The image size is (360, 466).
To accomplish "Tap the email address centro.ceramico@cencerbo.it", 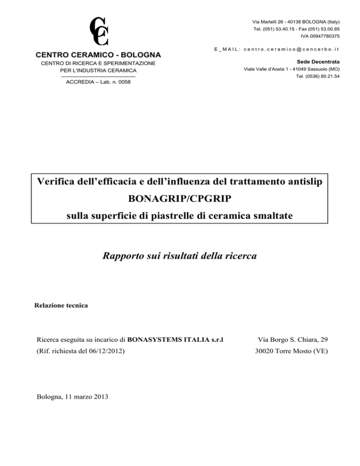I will [294, 48].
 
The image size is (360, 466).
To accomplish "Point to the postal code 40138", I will [287, 22].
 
